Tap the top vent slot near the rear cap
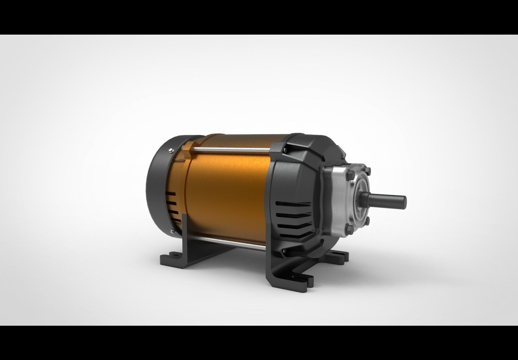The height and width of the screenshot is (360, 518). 171,194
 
